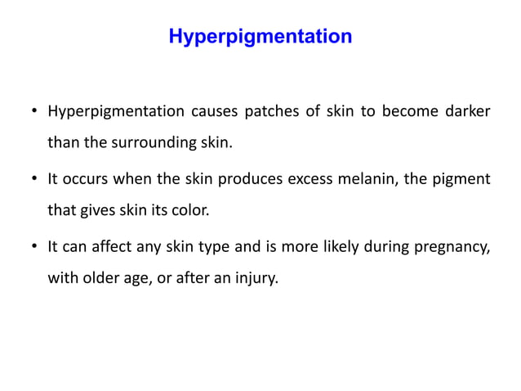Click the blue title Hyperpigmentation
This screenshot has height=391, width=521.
pos(260,38)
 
